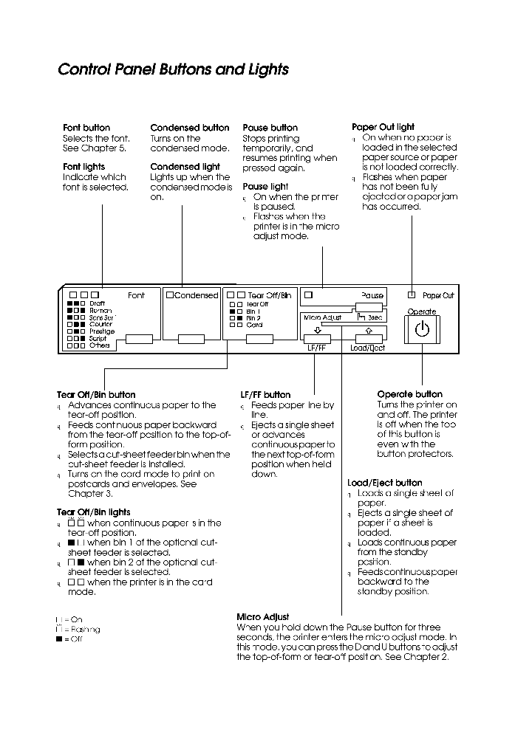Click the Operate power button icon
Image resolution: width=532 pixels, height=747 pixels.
[x=421, y=329]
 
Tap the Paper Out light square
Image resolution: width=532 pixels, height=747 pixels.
[x=412, y=295]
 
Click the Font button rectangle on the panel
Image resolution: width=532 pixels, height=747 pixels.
[x=139, y=339]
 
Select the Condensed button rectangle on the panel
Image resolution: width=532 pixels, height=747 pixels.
[x=191, y=339]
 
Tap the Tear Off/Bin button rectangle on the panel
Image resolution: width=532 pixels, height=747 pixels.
[x=259, y=339]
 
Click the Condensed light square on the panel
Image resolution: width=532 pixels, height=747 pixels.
[x=170, y=295]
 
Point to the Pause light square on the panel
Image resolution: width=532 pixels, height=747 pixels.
[x=308, y=295]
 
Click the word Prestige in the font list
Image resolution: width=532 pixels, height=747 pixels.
[x=102, y=331]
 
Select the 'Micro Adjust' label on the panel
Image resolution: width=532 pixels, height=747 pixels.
[x=322, y=317]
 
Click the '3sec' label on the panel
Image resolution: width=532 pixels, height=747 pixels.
[x=375, y=317]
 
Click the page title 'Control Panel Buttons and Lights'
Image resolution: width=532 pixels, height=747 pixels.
[x=173, y=69]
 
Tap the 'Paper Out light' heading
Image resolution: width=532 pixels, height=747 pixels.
[x=383, y=127]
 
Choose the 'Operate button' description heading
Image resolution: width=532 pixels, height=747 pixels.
[x=409, y=394]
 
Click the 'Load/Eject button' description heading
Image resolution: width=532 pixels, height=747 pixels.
[x=385, y=483]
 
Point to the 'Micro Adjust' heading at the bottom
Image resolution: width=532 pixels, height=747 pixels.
[x=262, y=617]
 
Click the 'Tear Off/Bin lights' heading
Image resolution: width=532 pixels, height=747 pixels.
[x=93, y=512]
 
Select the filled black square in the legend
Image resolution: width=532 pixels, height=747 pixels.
[x=58, y=640]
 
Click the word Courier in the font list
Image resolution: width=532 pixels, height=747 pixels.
[x=100, y=325]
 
